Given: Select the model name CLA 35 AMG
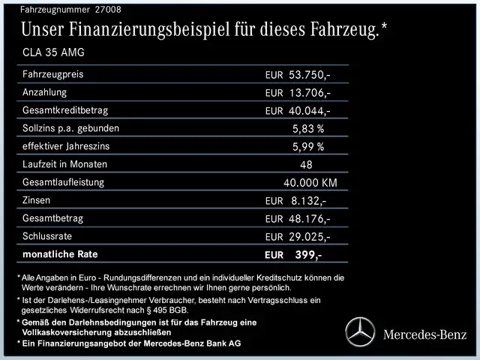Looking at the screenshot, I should [x=53, y=52].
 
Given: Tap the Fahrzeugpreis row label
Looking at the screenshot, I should [x=52, y=75].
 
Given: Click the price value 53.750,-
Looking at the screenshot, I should [x=310, y=76].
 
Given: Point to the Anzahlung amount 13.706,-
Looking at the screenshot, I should [x=310, y=93].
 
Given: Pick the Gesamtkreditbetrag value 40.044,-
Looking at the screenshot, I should [x=310, y=111].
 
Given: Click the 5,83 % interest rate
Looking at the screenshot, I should [x=308, y=128].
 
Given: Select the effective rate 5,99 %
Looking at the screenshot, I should [x=308, y=146].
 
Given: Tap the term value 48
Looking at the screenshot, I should [x=306, y=164].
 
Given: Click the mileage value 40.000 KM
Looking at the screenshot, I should [x=310, y=182].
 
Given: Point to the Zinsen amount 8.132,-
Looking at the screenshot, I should [x=307, y=200].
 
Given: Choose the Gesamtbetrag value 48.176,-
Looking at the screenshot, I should [x=310, y=219].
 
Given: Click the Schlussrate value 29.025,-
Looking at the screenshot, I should [x=310, y=237].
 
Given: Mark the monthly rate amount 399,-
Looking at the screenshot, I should [x=308, y=255].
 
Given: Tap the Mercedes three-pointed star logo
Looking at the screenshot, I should [x=360, y=332].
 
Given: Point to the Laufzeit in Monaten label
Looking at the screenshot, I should [x=64, y=164].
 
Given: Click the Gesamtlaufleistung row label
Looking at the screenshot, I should [x=63, y=182].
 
